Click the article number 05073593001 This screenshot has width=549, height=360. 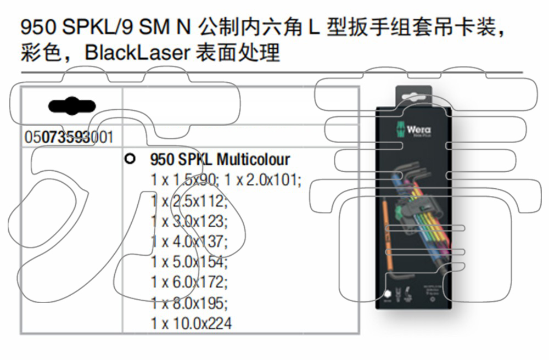click(69, 137)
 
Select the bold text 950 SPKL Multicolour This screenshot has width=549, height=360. click(220, 160)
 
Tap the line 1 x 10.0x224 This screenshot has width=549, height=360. click(191, 323)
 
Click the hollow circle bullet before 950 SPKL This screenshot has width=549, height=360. click(130, 159)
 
